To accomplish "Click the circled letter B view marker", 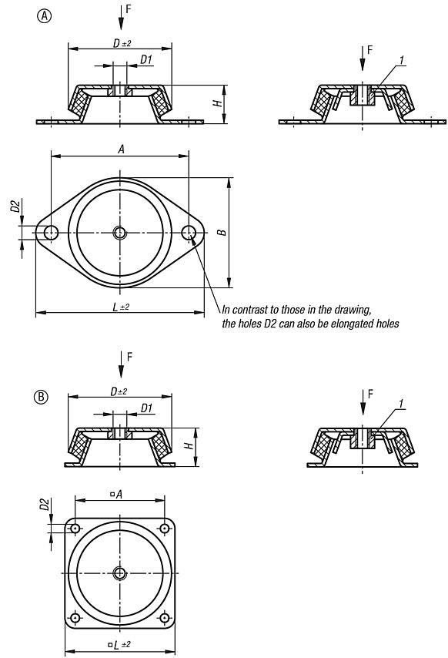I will (x=40, y=398).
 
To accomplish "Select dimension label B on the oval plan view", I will (x=222, y=232).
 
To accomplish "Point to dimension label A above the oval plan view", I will (x=121, y=149).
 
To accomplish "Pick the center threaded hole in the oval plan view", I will (x=119, y=233).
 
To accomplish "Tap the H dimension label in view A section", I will (x=218, y=102).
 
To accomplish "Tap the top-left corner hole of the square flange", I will (x=75, y=529).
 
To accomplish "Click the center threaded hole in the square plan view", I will (x=119, y=572).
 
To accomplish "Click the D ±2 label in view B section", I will (x=119, y=391).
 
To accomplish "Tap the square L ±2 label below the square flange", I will (x=119, y=644).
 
